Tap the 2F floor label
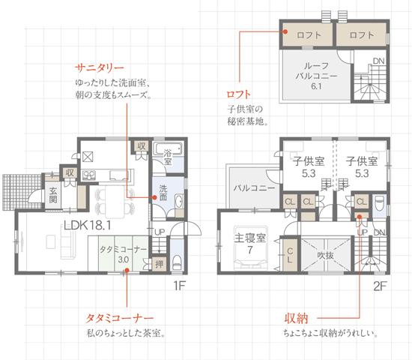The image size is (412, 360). click(x=379, y=286)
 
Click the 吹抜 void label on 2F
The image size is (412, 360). click(x=324, y=255)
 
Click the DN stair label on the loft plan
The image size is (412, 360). click(x=379, y=61)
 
